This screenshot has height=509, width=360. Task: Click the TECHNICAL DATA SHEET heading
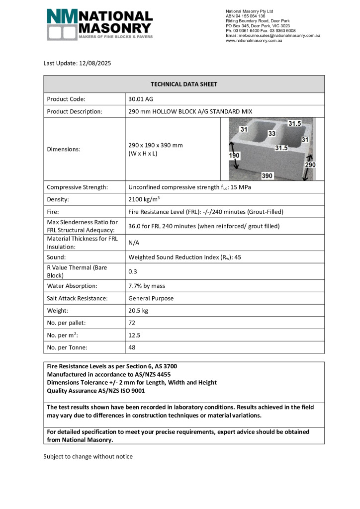click(x=184, y=84)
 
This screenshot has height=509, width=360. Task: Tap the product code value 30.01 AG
click(x=141, y=99)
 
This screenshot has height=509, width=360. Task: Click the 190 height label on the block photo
click(x=234, y=155)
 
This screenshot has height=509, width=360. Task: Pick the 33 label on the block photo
click(x=272, y=134)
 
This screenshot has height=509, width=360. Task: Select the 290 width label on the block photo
click(x=310, y=164)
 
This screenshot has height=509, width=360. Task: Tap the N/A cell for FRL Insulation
click(x=134, y=243)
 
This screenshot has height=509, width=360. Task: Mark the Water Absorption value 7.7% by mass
click(x=147, y=286)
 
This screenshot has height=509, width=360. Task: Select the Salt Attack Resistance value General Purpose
click(x=151, y=298)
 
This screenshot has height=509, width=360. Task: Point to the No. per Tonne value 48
click(x=132, y=347)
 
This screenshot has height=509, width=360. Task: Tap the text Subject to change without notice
click(x=88, y=456)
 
